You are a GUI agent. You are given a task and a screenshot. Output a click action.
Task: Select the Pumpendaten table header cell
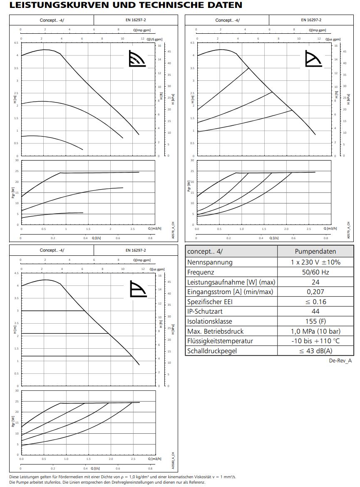pos(315,251)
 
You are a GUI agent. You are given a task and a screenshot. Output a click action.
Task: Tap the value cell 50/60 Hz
pos(315,272)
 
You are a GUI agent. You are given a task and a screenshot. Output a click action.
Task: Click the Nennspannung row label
pos(210,262)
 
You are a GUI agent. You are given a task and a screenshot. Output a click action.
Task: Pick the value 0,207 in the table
pos(315,292)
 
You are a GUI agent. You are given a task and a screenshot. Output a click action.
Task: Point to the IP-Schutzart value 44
pos(315,311)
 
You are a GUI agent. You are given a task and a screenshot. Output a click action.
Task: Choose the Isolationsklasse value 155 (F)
pos(315,321)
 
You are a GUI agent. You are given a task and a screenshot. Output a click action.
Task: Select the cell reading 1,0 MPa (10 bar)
pos(315,331)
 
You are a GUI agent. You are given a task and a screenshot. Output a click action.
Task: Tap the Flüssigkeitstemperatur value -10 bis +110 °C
pos(315,341)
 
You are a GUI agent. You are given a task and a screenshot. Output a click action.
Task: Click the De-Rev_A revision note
pos(340,361)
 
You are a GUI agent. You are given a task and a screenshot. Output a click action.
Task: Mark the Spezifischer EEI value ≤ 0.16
pos(315,302)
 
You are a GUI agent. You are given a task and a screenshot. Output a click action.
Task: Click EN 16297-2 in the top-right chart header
pos(311,20)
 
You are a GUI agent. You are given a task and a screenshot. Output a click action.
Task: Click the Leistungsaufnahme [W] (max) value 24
pos(315,282)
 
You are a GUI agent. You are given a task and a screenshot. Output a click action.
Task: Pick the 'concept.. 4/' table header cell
pos(231,251)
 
